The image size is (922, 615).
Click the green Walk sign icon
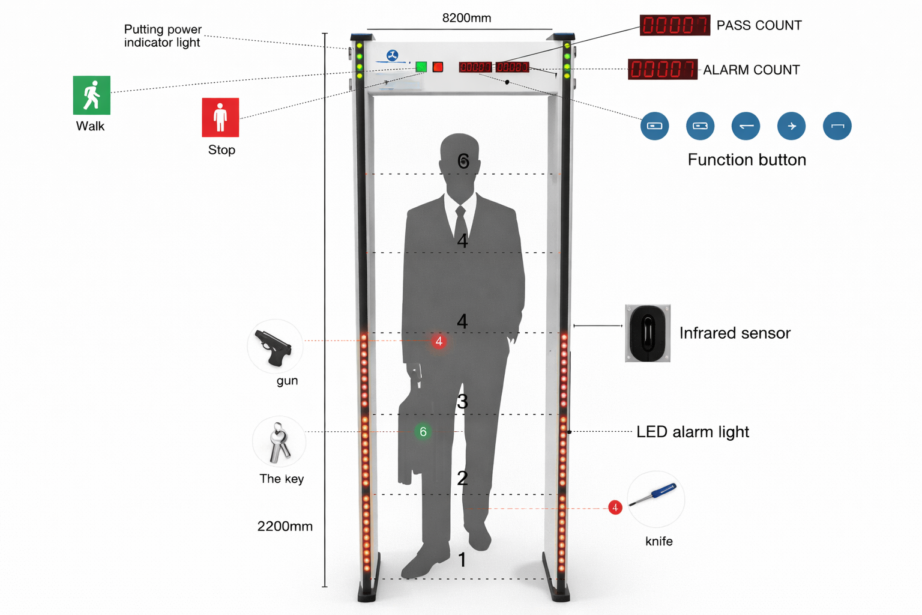coord(92,95)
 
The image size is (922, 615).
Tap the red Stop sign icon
coord(220,117)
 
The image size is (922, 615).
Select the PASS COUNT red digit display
coord(675,25)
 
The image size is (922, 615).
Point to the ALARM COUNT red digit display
coord(662,69)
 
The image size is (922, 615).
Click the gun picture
coord(274,347)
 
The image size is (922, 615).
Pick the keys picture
coord(279,443)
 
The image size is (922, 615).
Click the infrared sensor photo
coord(648,333)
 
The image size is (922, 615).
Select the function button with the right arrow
coord(791,126)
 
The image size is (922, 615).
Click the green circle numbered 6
coord(423,431)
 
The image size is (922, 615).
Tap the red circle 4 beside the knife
coord(615,507)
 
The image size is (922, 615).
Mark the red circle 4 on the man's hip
coord(439,341)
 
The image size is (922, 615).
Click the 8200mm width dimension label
coord(466,18)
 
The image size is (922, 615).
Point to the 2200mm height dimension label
coord(285,526)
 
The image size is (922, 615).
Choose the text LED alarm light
coord(693,432)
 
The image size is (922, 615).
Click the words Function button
coord(747,160)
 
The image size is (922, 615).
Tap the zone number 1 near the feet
coord(462,560)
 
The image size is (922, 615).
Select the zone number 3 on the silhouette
coord(462,401)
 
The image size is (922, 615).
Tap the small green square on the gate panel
coord(421,67)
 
